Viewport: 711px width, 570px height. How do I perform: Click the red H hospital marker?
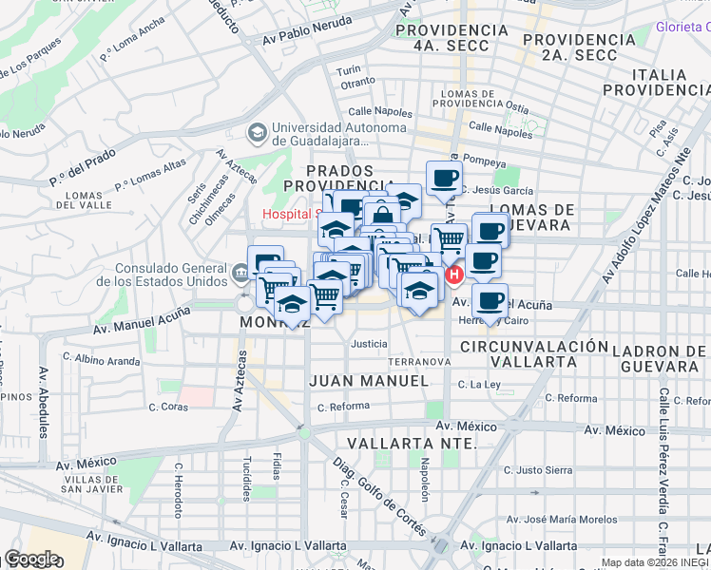454,276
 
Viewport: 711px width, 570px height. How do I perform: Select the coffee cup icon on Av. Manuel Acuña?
490,301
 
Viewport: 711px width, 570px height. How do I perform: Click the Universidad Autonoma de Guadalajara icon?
257,132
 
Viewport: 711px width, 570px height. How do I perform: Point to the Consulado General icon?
238,275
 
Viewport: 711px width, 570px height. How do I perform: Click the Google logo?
30,559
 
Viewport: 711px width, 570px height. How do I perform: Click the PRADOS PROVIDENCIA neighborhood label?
338,177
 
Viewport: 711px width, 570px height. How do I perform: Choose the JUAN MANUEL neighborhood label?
369,380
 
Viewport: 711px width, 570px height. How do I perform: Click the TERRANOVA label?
418,362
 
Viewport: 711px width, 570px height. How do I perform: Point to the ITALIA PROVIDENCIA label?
656,82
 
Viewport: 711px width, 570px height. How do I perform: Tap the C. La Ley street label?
479,385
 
